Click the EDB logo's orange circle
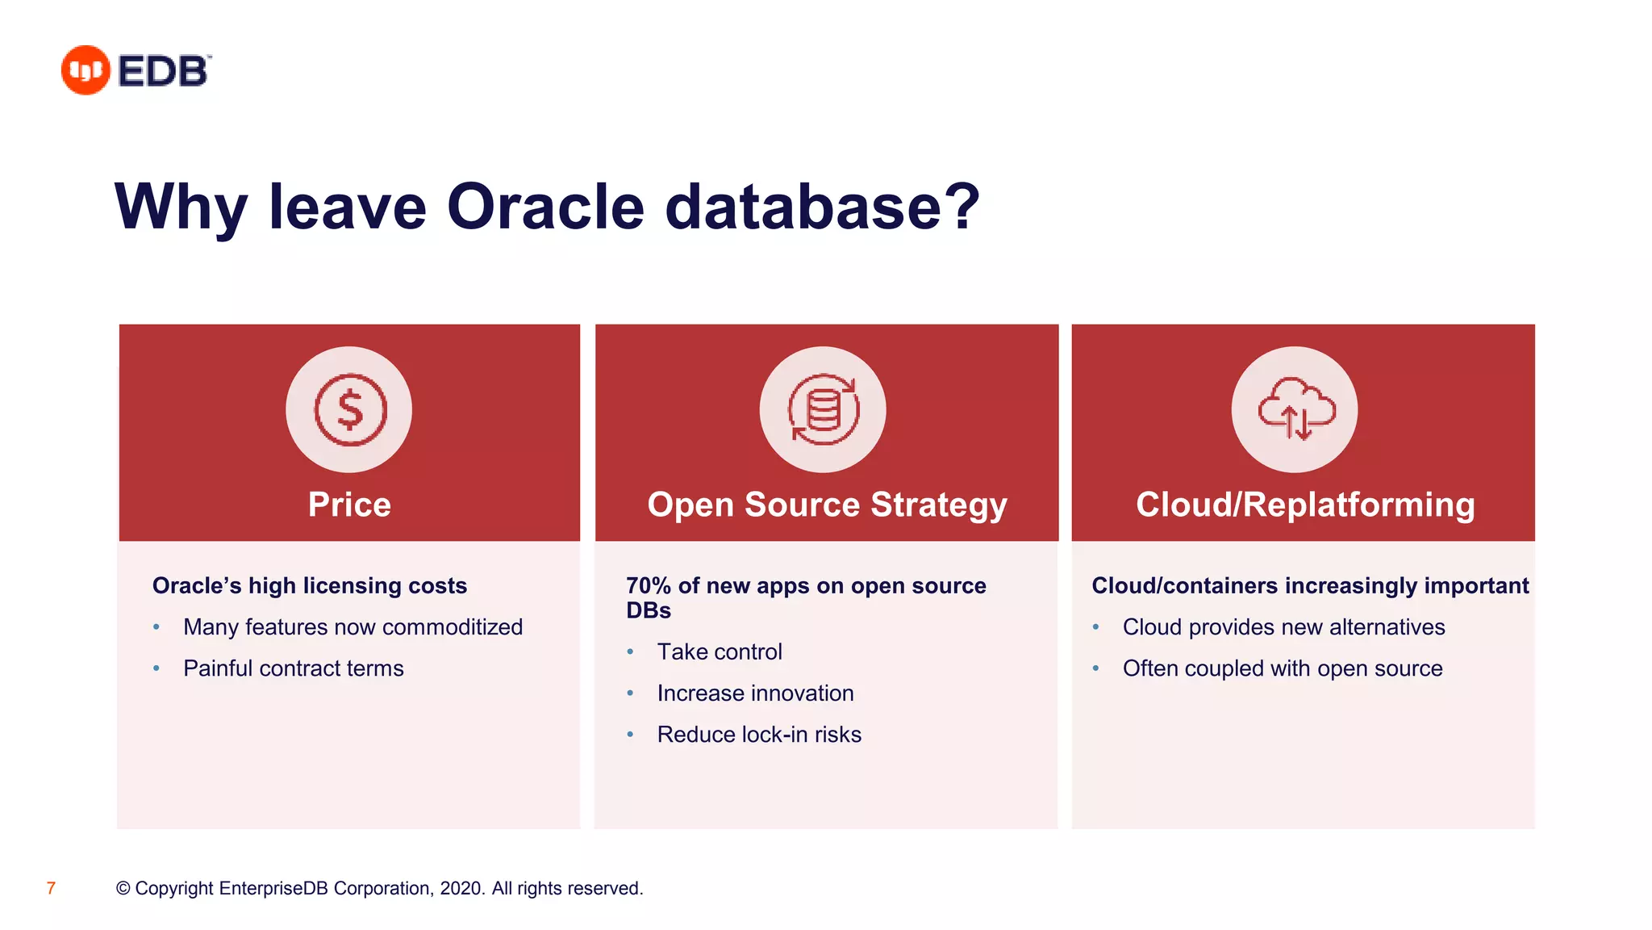86,70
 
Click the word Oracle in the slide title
545,207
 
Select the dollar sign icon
349,410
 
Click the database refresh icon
823,410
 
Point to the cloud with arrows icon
1295,410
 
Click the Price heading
349,505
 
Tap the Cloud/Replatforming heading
1305,505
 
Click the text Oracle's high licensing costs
310,585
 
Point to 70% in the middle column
649,585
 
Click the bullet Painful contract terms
293,668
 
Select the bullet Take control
720,651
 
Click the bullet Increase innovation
755,693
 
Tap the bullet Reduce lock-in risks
759,735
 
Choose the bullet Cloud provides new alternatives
1283,627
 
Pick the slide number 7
51,888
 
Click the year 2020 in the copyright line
461,888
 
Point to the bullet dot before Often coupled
1096,668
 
